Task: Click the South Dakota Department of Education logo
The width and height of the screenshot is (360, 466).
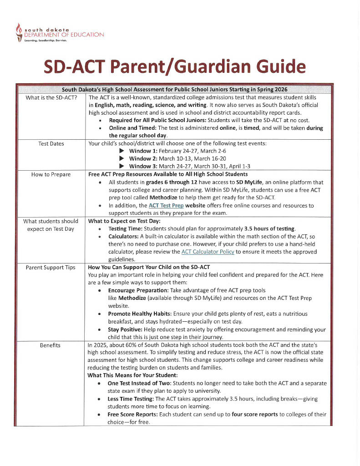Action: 59,32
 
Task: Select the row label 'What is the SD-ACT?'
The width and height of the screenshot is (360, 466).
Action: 51,97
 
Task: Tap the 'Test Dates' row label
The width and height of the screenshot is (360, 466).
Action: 51,144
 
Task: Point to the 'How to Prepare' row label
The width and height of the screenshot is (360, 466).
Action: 51,174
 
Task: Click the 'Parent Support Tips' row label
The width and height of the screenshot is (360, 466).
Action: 51,267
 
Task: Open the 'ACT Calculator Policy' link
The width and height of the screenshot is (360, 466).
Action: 208,252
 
